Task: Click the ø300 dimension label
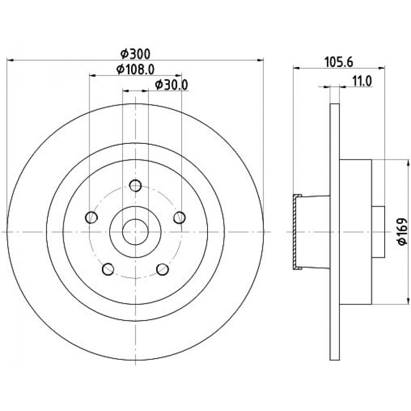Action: click(x=136, y=54)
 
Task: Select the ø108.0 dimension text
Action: click(x=136, y=69)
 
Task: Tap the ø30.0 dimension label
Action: click(x=172, y=85)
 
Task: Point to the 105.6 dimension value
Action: click(x=339, y=62)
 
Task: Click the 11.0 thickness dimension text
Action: click(x=362, y=81)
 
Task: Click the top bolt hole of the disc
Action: click(x=136, y=186)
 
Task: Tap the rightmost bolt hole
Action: click(x=180, y=217)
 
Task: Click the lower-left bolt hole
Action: click(x=108, y=269)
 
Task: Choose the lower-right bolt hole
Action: click(x=162, y=269)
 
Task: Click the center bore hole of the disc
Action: click(x=136, y=232)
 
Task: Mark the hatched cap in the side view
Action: click(x=296, y=232)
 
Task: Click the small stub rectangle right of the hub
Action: click(x=378, y=232)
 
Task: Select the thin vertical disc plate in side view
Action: click(x=335, y=232)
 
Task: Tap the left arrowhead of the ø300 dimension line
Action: click(x=10, y=60)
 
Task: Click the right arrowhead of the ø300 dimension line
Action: click(x=261, y=60)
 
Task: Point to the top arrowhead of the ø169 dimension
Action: click(x=408, y=163)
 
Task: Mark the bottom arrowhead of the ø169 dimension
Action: click(x=408, y=301)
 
